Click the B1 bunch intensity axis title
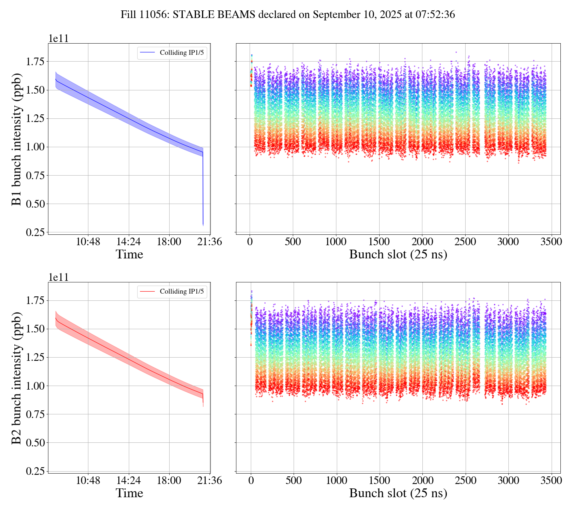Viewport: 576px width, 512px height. [17, 139]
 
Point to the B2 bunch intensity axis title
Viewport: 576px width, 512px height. [17, 378]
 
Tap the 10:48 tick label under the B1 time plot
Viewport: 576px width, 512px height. [88, 242]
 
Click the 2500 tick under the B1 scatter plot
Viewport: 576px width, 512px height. [465, 242]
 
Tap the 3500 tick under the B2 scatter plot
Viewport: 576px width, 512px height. [551, 480]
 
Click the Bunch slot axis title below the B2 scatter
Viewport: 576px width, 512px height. [398, 493]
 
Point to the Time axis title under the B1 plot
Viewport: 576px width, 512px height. [129, 254]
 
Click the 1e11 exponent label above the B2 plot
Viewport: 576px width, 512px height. [59, 277]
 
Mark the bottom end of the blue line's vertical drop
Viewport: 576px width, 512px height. [203, 225]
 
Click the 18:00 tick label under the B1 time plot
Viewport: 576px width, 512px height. [169, 242]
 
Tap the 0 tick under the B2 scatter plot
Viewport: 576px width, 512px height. [251, 480]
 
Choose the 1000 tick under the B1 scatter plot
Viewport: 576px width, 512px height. [336, 242]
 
